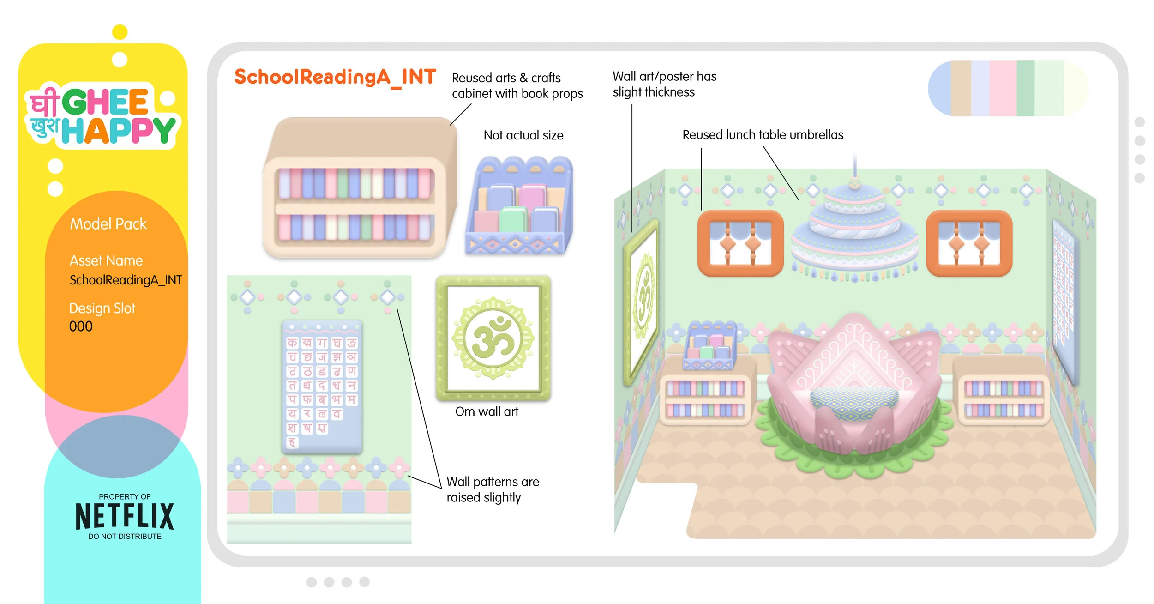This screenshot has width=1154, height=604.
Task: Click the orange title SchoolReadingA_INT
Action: tap(335, 77)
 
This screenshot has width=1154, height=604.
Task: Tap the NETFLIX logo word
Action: tap(125, 516)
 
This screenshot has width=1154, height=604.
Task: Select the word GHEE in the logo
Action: tap(105, 102)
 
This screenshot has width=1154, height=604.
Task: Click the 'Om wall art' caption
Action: tap(487, 411)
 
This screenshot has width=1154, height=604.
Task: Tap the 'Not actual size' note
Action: tap(523, 135)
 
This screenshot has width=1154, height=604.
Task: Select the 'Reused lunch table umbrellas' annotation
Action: tap(763, 135)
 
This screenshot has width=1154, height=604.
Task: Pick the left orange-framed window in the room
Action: tap(740, 243)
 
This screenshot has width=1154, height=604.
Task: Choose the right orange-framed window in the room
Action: tap(969, 243)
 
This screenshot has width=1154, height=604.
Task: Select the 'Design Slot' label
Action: tap(102, 308)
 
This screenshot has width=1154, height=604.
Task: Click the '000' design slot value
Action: tap(81, 326)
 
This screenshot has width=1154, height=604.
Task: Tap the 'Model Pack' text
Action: tap(108, 224)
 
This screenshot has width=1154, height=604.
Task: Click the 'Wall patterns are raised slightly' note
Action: tap(493, 489)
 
